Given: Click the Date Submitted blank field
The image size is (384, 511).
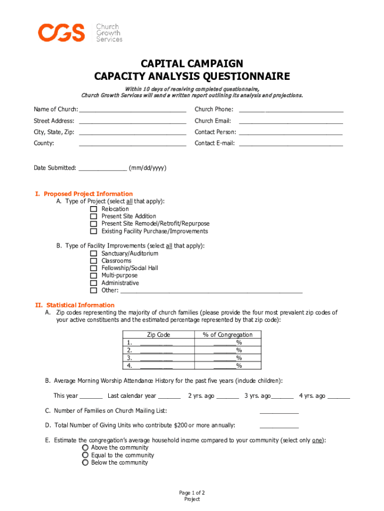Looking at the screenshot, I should pos(102,169).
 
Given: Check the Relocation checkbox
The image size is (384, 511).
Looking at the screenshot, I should pos(93,209).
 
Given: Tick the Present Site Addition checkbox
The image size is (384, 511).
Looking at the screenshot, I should pos(93,217).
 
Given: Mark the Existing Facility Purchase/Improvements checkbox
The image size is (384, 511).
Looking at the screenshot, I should pos(93,232).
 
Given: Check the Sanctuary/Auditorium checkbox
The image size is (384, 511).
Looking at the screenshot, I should pos(93,254).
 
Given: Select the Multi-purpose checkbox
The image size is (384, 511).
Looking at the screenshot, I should pos(93,275).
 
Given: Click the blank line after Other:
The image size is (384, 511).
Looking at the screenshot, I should pos(211,291).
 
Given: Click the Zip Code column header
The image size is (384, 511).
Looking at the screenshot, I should pos(159,335).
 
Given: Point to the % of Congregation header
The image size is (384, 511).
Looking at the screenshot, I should pos(227,335).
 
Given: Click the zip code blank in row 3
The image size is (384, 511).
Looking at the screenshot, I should pos(156,358).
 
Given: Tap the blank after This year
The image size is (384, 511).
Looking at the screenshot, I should pos(91,397).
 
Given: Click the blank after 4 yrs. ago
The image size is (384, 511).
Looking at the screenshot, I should pos(339,397).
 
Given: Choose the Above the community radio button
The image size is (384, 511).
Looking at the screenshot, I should pos(85,448).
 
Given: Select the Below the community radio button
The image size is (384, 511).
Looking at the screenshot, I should pos(85,463).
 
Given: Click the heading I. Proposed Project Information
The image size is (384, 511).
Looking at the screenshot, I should pos(84,194).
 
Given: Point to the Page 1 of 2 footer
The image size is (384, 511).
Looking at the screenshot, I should pos(192,493).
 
